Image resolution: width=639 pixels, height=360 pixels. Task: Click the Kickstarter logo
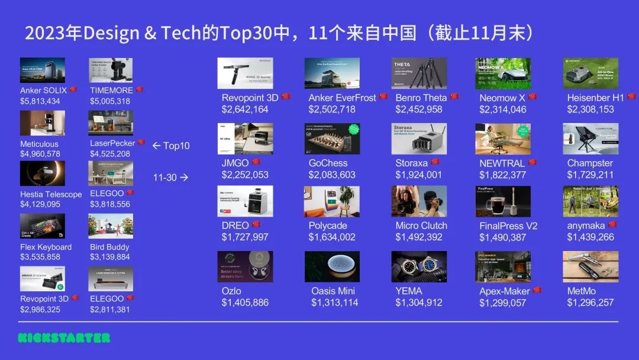tap(64, 338)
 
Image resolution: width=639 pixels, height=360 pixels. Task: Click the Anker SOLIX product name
tap(43, 91)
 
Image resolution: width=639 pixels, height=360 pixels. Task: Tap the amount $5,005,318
tap(110, 101)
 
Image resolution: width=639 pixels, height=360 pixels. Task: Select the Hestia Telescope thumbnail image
tap(43, 173)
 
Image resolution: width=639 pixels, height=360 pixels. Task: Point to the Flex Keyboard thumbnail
tap(43, 226)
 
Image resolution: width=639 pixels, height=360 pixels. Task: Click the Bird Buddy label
tap(109, 247)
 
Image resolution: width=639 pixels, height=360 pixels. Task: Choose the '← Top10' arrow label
tap(171, 146)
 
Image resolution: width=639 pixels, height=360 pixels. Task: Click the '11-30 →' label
tap(171, 177)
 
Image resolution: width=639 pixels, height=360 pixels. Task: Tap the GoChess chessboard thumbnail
tap(332, 139)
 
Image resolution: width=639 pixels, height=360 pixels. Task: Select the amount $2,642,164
tap(245, 109)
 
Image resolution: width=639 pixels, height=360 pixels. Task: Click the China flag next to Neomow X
tap(532, 97)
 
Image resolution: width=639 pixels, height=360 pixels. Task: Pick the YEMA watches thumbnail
tap(419, 266)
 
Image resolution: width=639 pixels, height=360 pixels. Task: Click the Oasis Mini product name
tap(333, 291)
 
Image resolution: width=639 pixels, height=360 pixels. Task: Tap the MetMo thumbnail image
tap(590, 266)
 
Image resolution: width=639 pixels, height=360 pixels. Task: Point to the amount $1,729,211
tap(590, 175)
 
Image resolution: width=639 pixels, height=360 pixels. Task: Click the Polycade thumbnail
tap(332, 201)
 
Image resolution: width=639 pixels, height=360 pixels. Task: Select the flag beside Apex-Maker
tap(537, 290)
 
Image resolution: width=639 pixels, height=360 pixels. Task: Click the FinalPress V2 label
tap(508, 226)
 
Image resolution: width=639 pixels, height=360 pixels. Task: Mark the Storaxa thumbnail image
tap(419, 139)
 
